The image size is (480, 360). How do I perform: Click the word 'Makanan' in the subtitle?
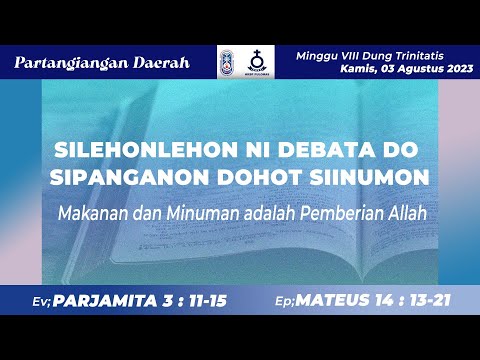pyautogui.click(x=92, y=212)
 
